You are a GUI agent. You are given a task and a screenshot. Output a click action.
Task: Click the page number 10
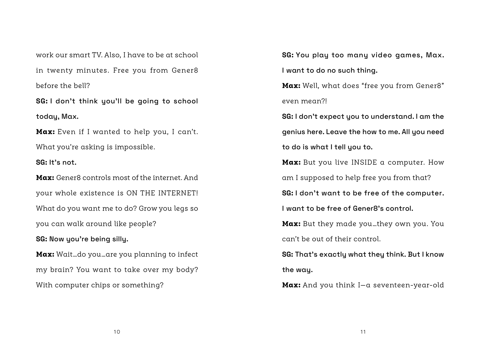click(117, 332)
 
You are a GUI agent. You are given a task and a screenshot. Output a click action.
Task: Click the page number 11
click(363, 332)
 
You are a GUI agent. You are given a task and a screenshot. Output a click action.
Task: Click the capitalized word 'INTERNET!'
click(178, 193)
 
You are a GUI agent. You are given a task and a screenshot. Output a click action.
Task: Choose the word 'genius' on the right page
click(293, 132)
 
